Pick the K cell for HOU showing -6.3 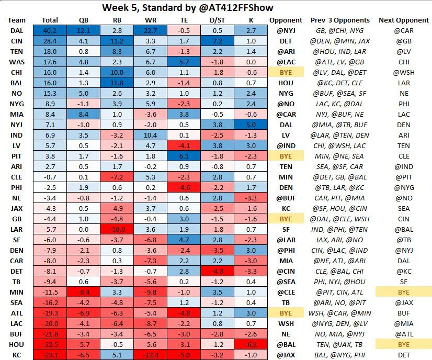pyautogui.click(x=251, y=344)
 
